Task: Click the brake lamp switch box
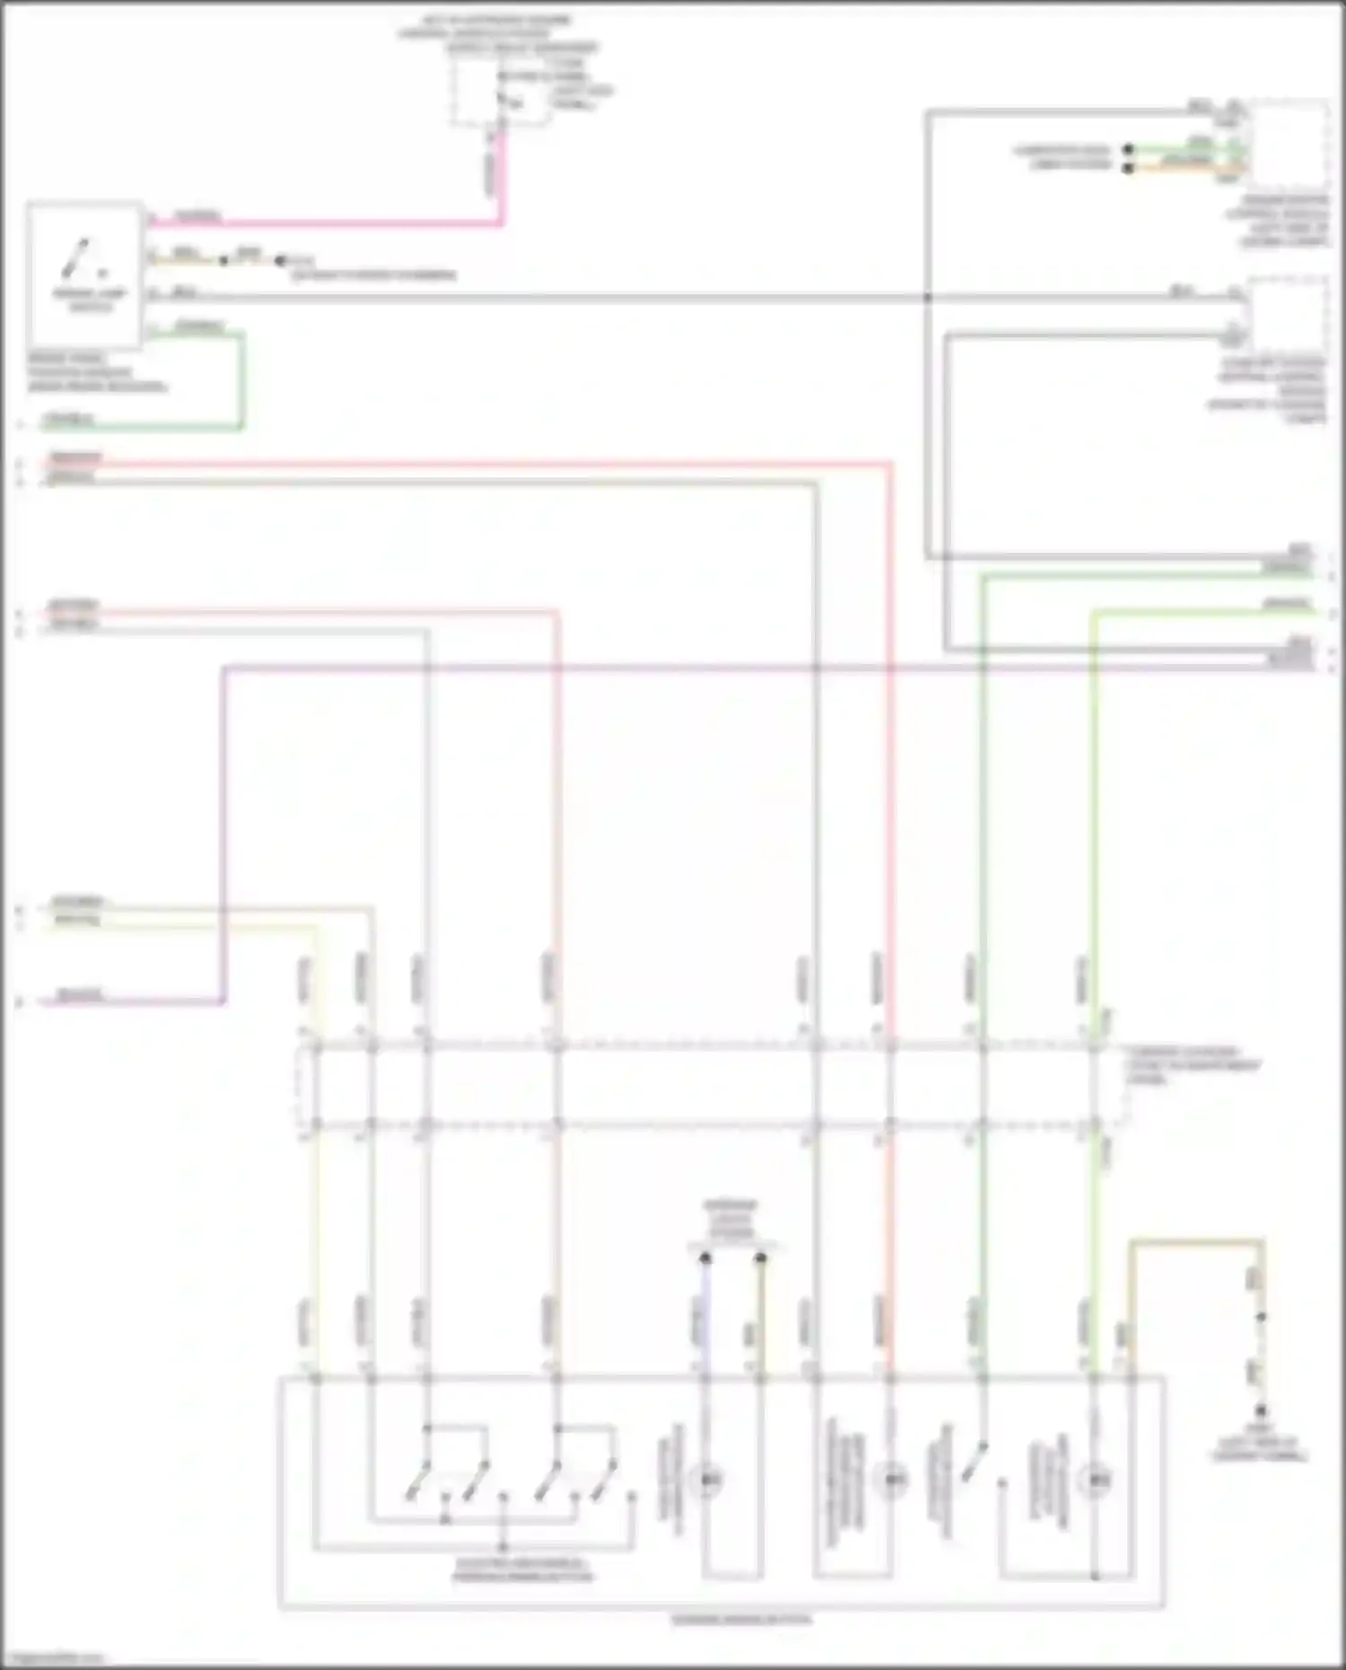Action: (x=85, y=274)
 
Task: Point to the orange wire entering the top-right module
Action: (x=1184, y=166)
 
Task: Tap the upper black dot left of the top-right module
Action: (x=1129, y=149)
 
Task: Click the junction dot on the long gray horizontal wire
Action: (x=928, y=297)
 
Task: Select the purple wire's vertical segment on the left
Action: (x=223, y=835)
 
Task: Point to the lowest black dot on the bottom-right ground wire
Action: (x=1261, y=1411)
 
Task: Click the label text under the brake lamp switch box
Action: (x=96, y=372)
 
